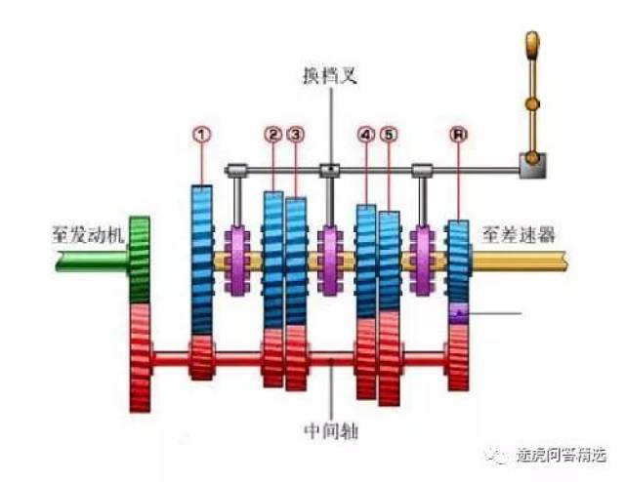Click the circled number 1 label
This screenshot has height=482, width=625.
pyautogui.click(x=202, y=135)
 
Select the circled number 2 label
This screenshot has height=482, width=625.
pyautogui.click(x=273, y=135)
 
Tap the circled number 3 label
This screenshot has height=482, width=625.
pyautogui.click(x=295, y=135)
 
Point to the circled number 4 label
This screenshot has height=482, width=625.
pyautogui.click(x=366, y=135)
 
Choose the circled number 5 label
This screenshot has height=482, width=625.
pyautogui.click(x=389, y=135)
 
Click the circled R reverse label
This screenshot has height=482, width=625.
pyautogui.click(x=458, y=135)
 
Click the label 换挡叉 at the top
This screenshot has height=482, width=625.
pyautogui.click(x=330, y=75)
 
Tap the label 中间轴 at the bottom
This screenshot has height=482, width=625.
pyautogui.click(x=331, y=430)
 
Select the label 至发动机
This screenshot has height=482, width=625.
pyautogui.click(x=88, y=234)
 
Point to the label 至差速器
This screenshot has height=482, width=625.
pyautogui.click(x=519, y=234)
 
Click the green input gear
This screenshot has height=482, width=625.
pyautogui.click(x=140, y=260)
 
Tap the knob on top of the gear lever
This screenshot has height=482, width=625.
pyautogui.click(x=532, y=46)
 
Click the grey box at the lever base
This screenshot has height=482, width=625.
pyautogui.click(x=532, y=166)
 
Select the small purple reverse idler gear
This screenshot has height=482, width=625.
pyautogui.click(x=458, y=313)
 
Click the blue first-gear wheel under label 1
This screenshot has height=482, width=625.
pyautogui.click(x=202, y=260)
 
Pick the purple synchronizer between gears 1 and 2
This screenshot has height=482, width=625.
pyautogui.click(x=236, y=261)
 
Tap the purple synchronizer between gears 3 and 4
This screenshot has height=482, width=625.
pyautogui.click(x=330, y=261)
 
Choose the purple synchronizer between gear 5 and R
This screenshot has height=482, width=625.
pyautogui.click(x=422, y=261)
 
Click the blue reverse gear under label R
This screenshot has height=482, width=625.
pyautogui.click(x=458, y=261)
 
